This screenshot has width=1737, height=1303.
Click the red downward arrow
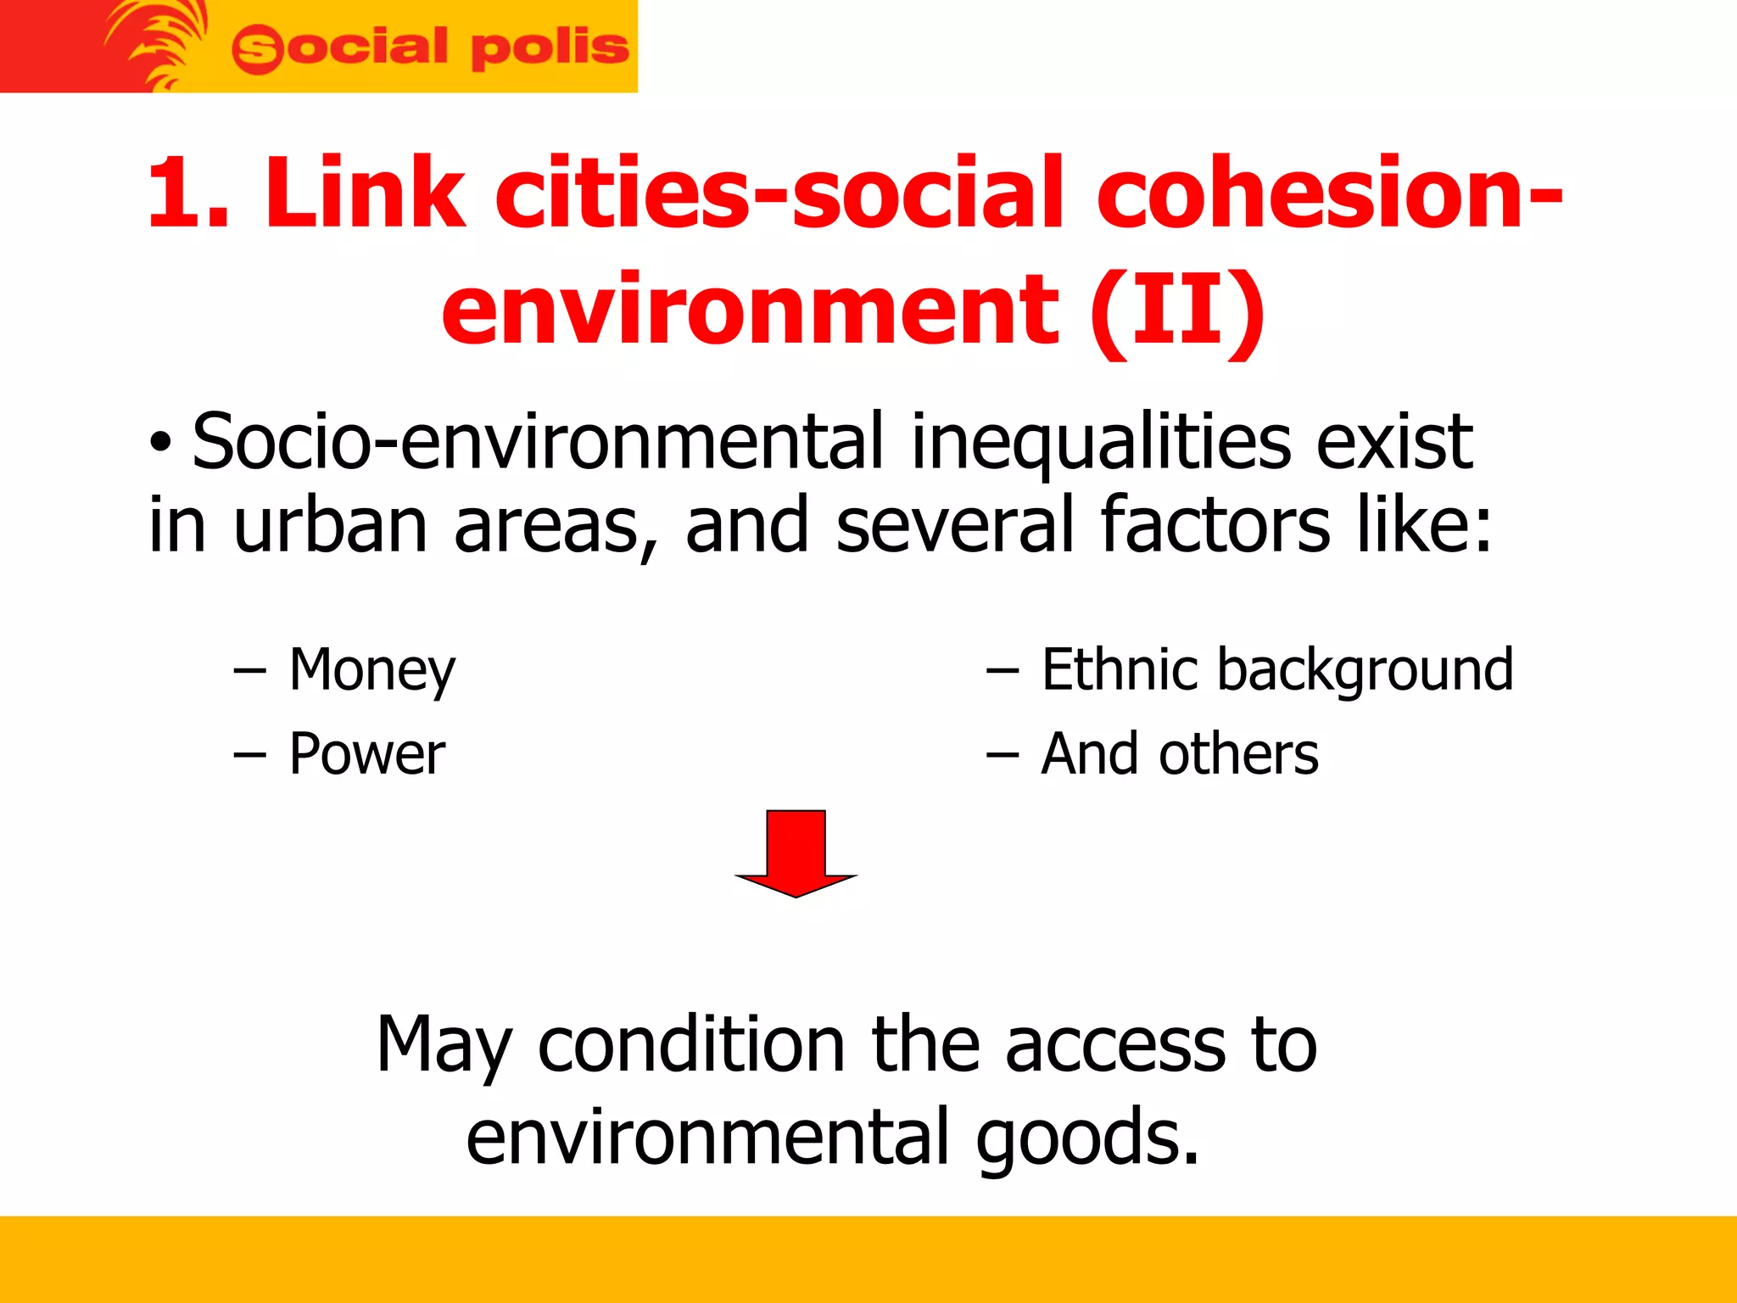pyautogui.click(x=796, y=852)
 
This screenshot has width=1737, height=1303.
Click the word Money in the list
pyautogui.click(x=371, y=671)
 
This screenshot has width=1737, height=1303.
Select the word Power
pyautogui.click(x=366, y=754)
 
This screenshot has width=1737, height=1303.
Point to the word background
pyautogui.click(x=1365, y=671)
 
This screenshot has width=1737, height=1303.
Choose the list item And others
pyautogui.click(x=1179, y=754)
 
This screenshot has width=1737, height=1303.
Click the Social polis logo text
pyautogui.click(x=430, y=48)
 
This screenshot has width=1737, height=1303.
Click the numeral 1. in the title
pyautogui.click(x=188, y=193)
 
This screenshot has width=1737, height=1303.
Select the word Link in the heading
pyautogui.click(x=366, y=193)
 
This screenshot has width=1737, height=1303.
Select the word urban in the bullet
pyautogui.click(x=330, y=525)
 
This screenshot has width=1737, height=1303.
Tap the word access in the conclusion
pyautogui.click(x=1116, y=1044)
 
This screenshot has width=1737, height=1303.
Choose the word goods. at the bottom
pyautogui.click(x=1087, y=1136)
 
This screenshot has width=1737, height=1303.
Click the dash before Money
pyautogui.click(x=249, y=671)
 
